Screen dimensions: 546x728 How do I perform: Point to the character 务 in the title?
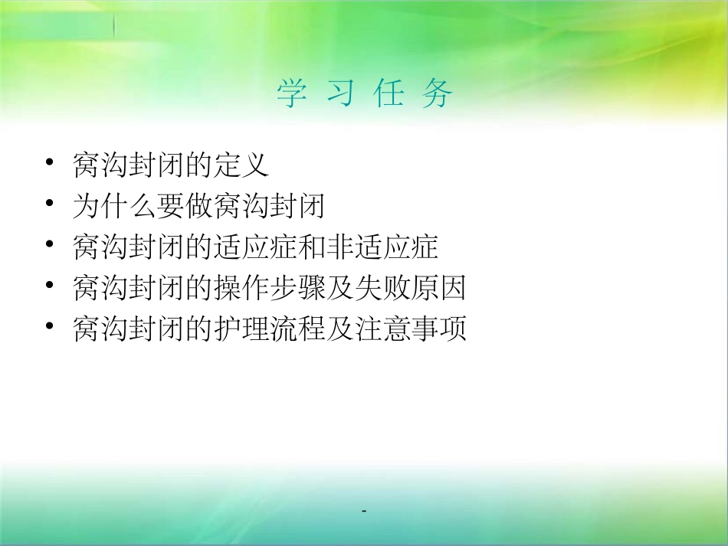click(x=436, y=94)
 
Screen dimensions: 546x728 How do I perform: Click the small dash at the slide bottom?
click(x=364, y=510)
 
